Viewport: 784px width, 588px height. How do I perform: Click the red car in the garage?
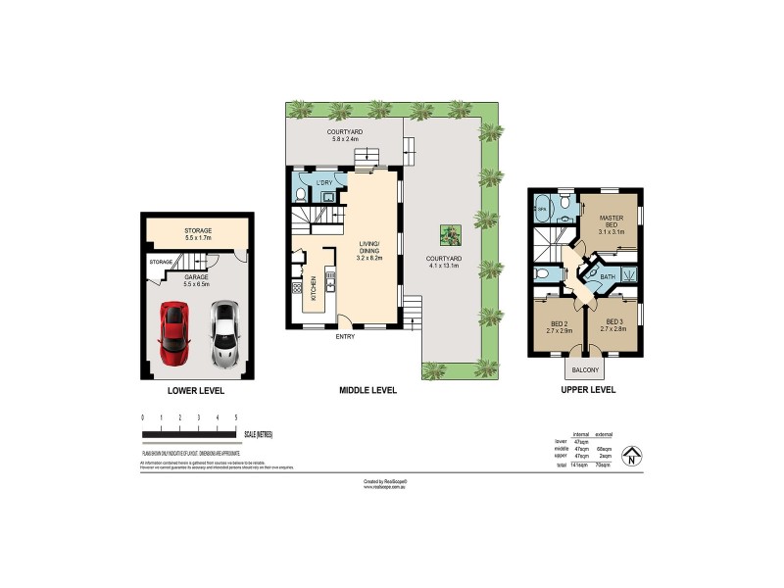pyautogui.click(x=175, y=329)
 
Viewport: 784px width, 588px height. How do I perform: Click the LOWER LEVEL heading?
pyautogui.click(x=196, y=390)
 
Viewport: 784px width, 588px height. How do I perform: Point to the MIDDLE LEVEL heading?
pyautogui.click(x=367, y=390)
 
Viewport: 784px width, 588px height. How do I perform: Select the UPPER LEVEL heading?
pyautogui.click(x=587, y=390)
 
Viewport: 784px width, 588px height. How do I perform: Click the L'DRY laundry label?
pyautogui.click(x=323, y=183)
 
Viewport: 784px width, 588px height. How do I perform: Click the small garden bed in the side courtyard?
pyautogui.click(x=449, y=235)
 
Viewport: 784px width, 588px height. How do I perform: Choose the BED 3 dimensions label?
pyautogui.click(x=614, y=327)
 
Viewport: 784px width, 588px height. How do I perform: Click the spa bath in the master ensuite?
pyautogui.click(x=542, y=208)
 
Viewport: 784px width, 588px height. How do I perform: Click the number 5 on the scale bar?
pyautogui.click(x=235, y=418)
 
